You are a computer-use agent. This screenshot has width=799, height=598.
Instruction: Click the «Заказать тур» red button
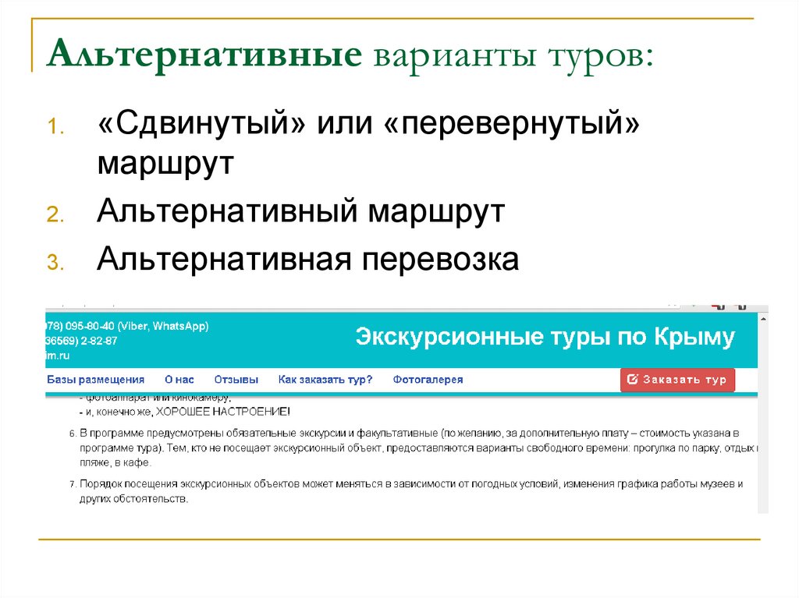pyautogui.click(x=677, y=380)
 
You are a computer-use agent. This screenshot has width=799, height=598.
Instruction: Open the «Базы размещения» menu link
pyautogui.click(x=95, y=380)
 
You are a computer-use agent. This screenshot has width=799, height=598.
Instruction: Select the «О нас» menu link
pyautogui.click(x=179, y=380)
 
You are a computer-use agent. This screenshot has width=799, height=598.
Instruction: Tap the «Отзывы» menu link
pyautogui.click(x=236, y=380)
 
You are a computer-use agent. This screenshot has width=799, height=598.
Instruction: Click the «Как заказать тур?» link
pyautogui.click(x=325, y=380)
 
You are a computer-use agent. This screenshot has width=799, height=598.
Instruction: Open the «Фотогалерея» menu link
pyautogui.click(x=428, y=380)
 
